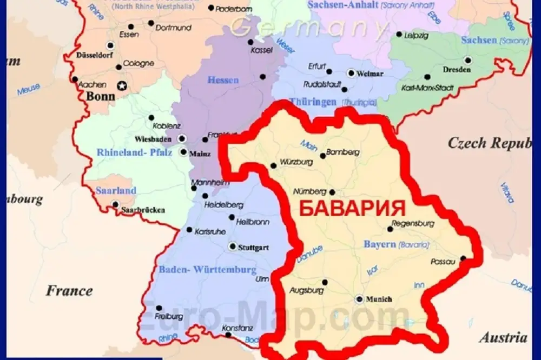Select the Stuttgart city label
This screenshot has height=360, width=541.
point(256,247)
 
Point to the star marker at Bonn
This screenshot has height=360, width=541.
point(122,85)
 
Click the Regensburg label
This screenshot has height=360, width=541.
point(413,223)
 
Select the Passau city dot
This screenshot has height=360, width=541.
point(463,258)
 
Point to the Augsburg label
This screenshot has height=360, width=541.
point(302,290)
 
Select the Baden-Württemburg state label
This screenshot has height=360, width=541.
point(207,269)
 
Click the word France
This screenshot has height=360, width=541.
point(69,291)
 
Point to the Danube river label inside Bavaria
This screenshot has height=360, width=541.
point(309,255)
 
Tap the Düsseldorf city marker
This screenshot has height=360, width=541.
point(111,45)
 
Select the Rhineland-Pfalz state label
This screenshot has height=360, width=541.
point(134,153)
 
